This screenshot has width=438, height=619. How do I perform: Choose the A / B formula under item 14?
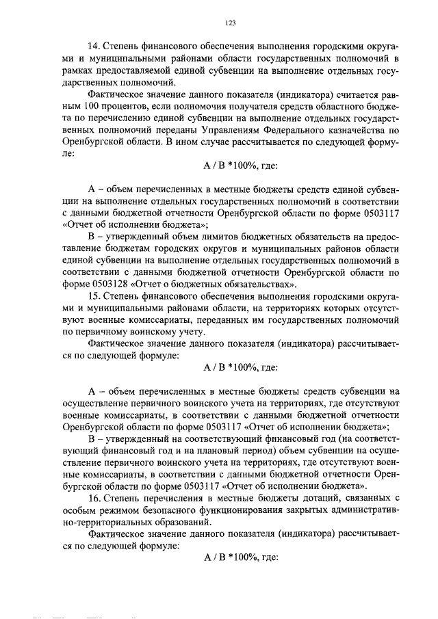240,166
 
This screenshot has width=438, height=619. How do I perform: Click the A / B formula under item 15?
240,367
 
